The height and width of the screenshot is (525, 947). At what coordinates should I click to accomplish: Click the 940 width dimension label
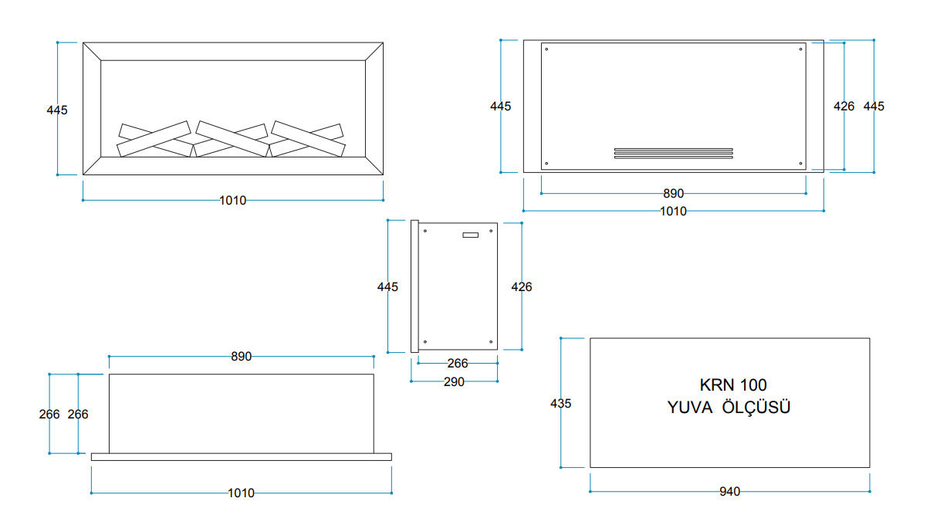pyautogui.click(x=729, y=492)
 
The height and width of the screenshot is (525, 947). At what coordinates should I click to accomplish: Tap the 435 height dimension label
pyautogui.click(x=560, y=404)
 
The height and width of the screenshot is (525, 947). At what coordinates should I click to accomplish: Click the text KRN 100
pyautogui.click(x=733, y=385)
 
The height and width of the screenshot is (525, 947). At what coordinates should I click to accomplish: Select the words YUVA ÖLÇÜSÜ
pyautogui.click(x=729, y=408)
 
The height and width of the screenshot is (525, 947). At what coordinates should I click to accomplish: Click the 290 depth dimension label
pyautogui.click(x=454, y=382)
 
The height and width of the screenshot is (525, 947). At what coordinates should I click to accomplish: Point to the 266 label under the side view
pyautogui.click(x=458, y=364)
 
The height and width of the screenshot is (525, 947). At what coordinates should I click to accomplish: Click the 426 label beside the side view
pyautogui.click(x=522, y=287)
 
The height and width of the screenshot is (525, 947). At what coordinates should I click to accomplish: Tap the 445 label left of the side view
pyautogui.click(x=387, y=287)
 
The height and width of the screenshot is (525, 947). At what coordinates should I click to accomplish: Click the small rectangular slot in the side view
pyautogui.click(x=471, y=235)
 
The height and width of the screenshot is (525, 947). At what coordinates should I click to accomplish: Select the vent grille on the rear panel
pyautogui.click(x=674, y=154)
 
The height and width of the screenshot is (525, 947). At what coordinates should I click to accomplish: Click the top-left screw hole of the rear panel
pyautogui.click(x=546, y=49)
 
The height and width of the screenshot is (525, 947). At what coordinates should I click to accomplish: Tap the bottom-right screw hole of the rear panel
pyautogui.click(x=800, y=164)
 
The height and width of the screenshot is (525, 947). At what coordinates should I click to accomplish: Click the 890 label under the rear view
pyautogui.click(x=674, y=194)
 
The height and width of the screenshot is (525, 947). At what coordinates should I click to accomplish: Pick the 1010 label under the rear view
pyautogui.click(x=674, y=212)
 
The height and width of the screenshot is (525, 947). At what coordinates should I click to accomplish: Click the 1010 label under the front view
pyautogui.click(x=232, y=201)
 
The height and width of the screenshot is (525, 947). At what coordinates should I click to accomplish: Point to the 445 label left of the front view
pyautogui.click(x=57, y=110)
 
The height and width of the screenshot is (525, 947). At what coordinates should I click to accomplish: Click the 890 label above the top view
pyautogui.click(x=242, y=357)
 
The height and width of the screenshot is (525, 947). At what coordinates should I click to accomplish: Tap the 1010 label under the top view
pyautogui.click(x=241, y=493)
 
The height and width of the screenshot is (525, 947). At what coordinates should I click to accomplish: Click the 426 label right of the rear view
pyautogui.click(x=844, y=107)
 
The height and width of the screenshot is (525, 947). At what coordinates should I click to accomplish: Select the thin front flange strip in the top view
pyautogui.click(x=242, y=457)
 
